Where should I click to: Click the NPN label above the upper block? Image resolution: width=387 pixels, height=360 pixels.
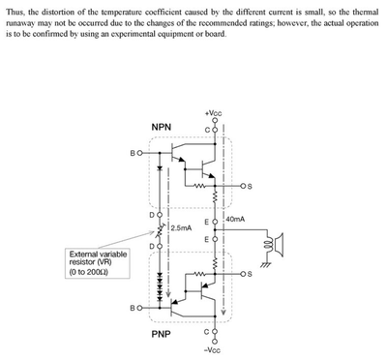(162, 127)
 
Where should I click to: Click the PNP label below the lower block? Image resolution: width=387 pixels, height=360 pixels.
(161, 334)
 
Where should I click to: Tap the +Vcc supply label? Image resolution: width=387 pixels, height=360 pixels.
(214, 113)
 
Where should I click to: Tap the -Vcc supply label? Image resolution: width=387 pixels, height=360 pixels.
(213, 350)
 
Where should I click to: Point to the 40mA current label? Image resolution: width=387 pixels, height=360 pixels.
(235, 220)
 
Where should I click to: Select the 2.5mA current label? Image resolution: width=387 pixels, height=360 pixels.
(181, 228)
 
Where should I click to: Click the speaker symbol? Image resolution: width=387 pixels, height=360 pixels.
(276, 245)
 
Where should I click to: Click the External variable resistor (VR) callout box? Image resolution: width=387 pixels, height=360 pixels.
(98, 263)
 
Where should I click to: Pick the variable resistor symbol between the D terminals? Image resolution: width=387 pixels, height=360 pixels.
(160, 230)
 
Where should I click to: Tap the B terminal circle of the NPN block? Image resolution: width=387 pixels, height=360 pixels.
(139, 153)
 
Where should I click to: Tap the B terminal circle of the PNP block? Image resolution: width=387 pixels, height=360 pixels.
(139, 308)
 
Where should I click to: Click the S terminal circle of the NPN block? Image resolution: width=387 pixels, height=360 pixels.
(243, 186)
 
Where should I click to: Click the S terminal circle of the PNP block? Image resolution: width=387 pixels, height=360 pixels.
(243, 274)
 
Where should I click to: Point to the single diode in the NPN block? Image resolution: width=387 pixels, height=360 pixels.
(160, 168)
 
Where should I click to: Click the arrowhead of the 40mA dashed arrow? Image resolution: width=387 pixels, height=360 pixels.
(223, 313)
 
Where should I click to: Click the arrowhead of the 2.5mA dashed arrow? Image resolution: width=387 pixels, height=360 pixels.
(167, 293)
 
